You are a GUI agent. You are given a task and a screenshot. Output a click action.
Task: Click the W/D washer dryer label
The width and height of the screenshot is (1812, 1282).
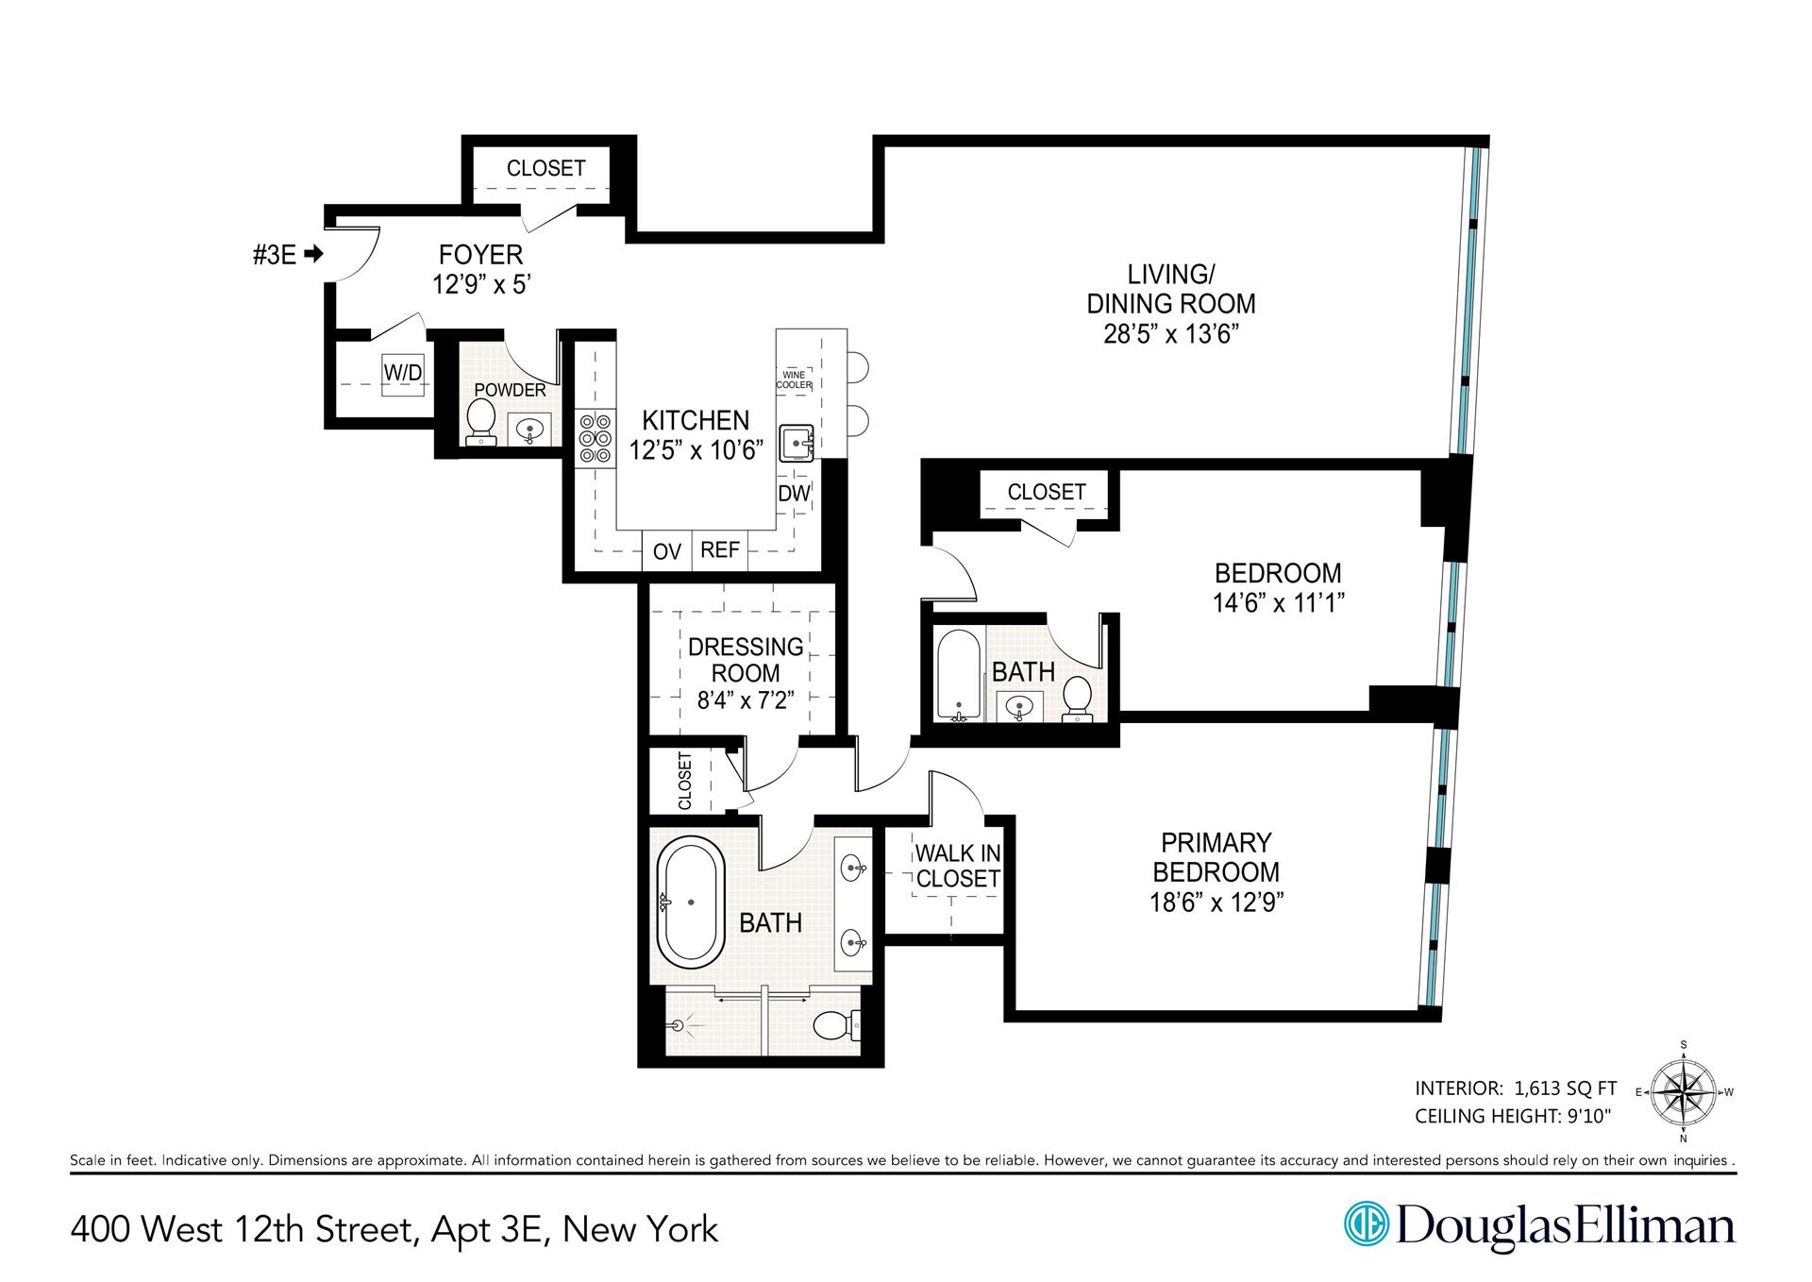tap(402, 373)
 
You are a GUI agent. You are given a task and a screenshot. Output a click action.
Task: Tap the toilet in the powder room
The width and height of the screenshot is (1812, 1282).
tap(481, 421)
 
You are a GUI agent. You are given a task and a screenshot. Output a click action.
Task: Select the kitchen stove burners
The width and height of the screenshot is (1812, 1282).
tap(595, 438)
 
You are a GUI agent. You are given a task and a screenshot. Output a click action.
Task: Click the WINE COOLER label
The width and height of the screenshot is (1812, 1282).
tap(794, 380)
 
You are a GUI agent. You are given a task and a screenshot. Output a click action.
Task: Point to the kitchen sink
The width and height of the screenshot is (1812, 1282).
tap(797, 443)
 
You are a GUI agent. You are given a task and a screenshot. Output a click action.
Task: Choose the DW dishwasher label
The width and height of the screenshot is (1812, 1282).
tap(794, 493)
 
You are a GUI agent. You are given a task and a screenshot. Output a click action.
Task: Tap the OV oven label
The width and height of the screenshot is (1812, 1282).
tap(666, 551)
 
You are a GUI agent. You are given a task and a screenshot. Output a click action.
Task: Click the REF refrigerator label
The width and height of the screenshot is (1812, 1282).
tap(720, 549)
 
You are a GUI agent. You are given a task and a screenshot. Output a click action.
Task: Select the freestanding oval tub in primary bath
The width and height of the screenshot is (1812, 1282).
tap(691, 902)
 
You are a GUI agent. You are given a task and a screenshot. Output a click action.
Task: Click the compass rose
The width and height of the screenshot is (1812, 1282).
tap(1685, 1092)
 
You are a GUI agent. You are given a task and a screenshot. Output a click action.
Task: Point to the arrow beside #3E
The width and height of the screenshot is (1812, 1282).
tap(315, 254)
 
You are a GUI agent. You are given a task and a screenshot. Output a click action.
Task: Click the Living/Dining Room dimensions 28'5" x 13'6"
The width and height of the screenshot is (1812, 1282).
tap(1170, 334)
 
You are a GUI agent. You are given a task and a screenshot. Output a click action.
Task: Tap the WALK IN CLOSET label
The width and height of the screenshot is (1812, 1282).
tap(957, 866)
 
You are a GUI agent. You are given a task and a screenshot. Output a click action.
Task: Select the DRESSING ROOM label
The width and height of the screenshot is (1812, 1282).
tap(746, 660)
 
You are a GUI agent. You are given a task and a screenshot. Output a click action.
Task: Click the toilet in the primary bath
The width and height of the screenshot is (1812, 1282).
tap(834, 1024)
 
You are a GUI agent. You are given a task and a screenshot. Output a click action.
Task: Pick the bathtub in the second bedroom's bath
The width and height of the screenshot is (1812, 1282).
tap(959, 674)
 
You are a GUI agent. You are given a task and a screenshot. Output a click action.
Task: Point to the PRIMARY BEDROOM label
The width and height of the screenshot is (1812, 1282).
tap(1216, 856)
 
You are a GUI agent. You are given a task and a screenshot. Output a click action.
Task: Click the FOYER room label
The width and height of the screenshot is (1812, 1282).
tap(480, 254)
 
